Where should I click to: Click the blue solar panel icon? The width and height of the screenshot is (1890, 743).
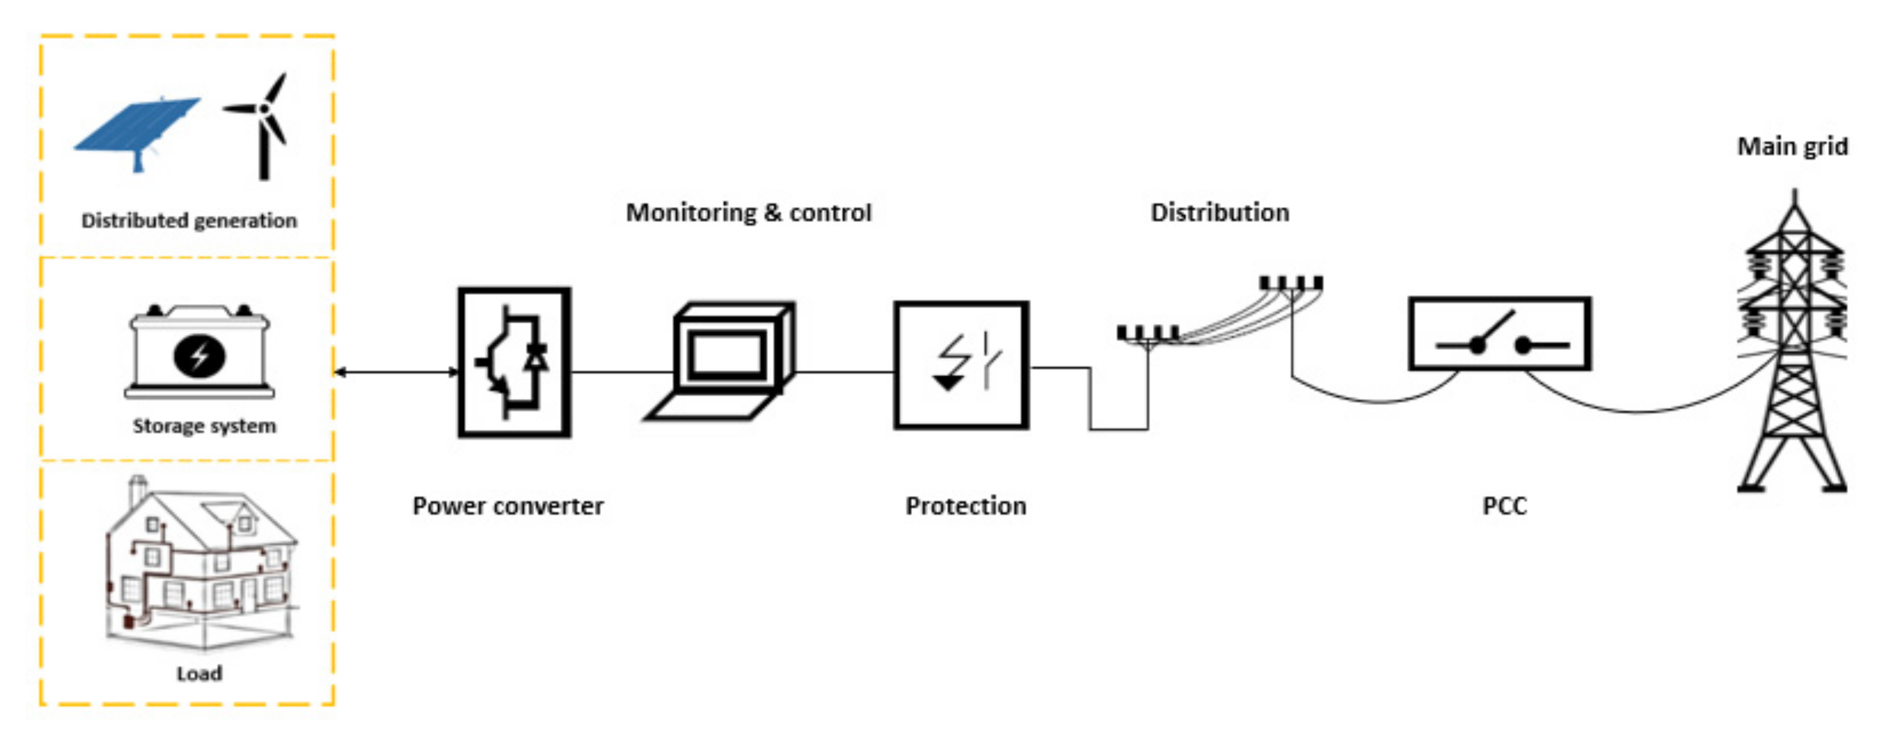[138, 126]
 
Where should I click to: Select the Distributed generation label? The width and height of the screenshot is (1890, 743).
[189, 221]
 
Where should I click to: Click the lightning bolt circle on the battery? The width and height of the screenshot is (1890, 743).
[199, 356]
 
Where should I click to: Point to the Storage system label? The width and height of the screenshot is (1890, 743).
[204, 426]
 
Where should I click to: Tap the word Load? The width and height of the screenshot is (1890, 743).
[199, 674]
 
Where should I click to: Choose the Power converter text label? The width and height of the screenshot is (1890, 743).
[508, 506]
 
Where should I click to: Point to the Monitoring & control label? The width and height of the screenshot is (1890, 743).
[748, 213]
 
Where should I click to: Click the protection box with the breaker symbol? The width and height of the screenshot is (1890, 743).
[961, 364]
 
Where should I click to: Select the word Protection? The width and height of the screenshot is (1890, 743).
[965, 506]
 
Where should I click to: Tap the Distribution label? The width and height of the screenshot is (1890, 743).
[1219, 213]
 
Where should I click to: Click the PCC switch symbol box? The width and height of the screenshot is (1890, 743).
[1500, 334]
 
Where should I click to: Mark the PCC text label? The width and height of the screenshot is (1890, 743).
[1504, 506]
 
